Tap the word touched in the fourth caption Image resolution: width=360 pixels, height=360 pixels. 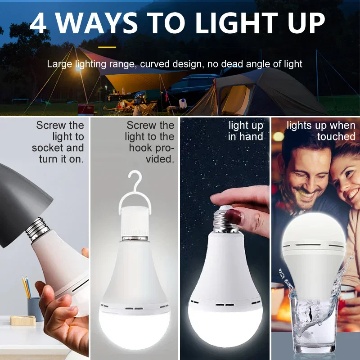pos(336,136)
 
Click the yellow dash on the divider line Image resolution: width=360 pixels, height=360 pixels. pos(107,46)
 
